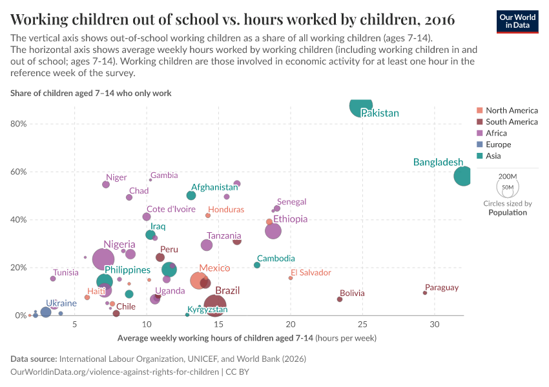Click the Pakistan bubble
(x=361, y=105)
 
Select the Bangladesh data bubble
(x=463, y=175)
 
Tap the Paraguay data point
(x=425, y=293)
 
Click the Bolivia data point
(x=340, y=299)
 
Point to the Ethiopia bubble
(x=273, y=230)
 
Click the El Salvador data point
(x=291, y=278)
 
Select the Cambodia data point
(x=257, y=265)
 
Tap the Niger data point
(x=106, y=184)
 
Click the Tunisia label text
(x=65, y=273)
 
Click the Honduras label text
(x=226, y=210)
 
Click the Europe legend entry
(x=498, y=144)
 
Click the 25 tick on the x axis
(x=362, y=324)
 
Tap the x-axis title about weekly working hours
(x=247, y=338)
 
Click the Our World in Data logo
(x=517, y=21)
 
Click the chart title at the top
(x=233, y=19)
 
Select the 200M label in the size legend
(x=508, y=176)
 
